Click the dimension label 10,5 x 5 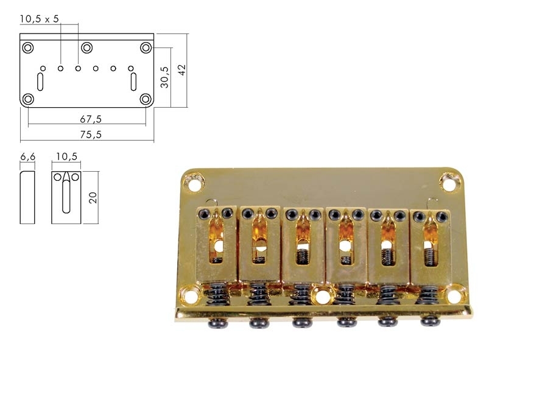coord(40,19)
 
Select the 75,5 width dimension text coord(91,135)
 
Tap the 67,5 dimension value coord(91,119)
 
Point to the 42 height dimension coord(182,69)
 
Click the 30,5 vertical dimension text coord(164,77)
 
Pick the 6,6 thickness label coord(27,156)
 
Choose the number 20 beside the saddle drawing coord(93,198)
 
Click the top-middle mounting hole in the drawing coord(86,47)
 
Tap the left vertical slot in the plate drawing coord(40,82)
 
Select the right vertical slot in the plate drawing coord(133,82)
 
